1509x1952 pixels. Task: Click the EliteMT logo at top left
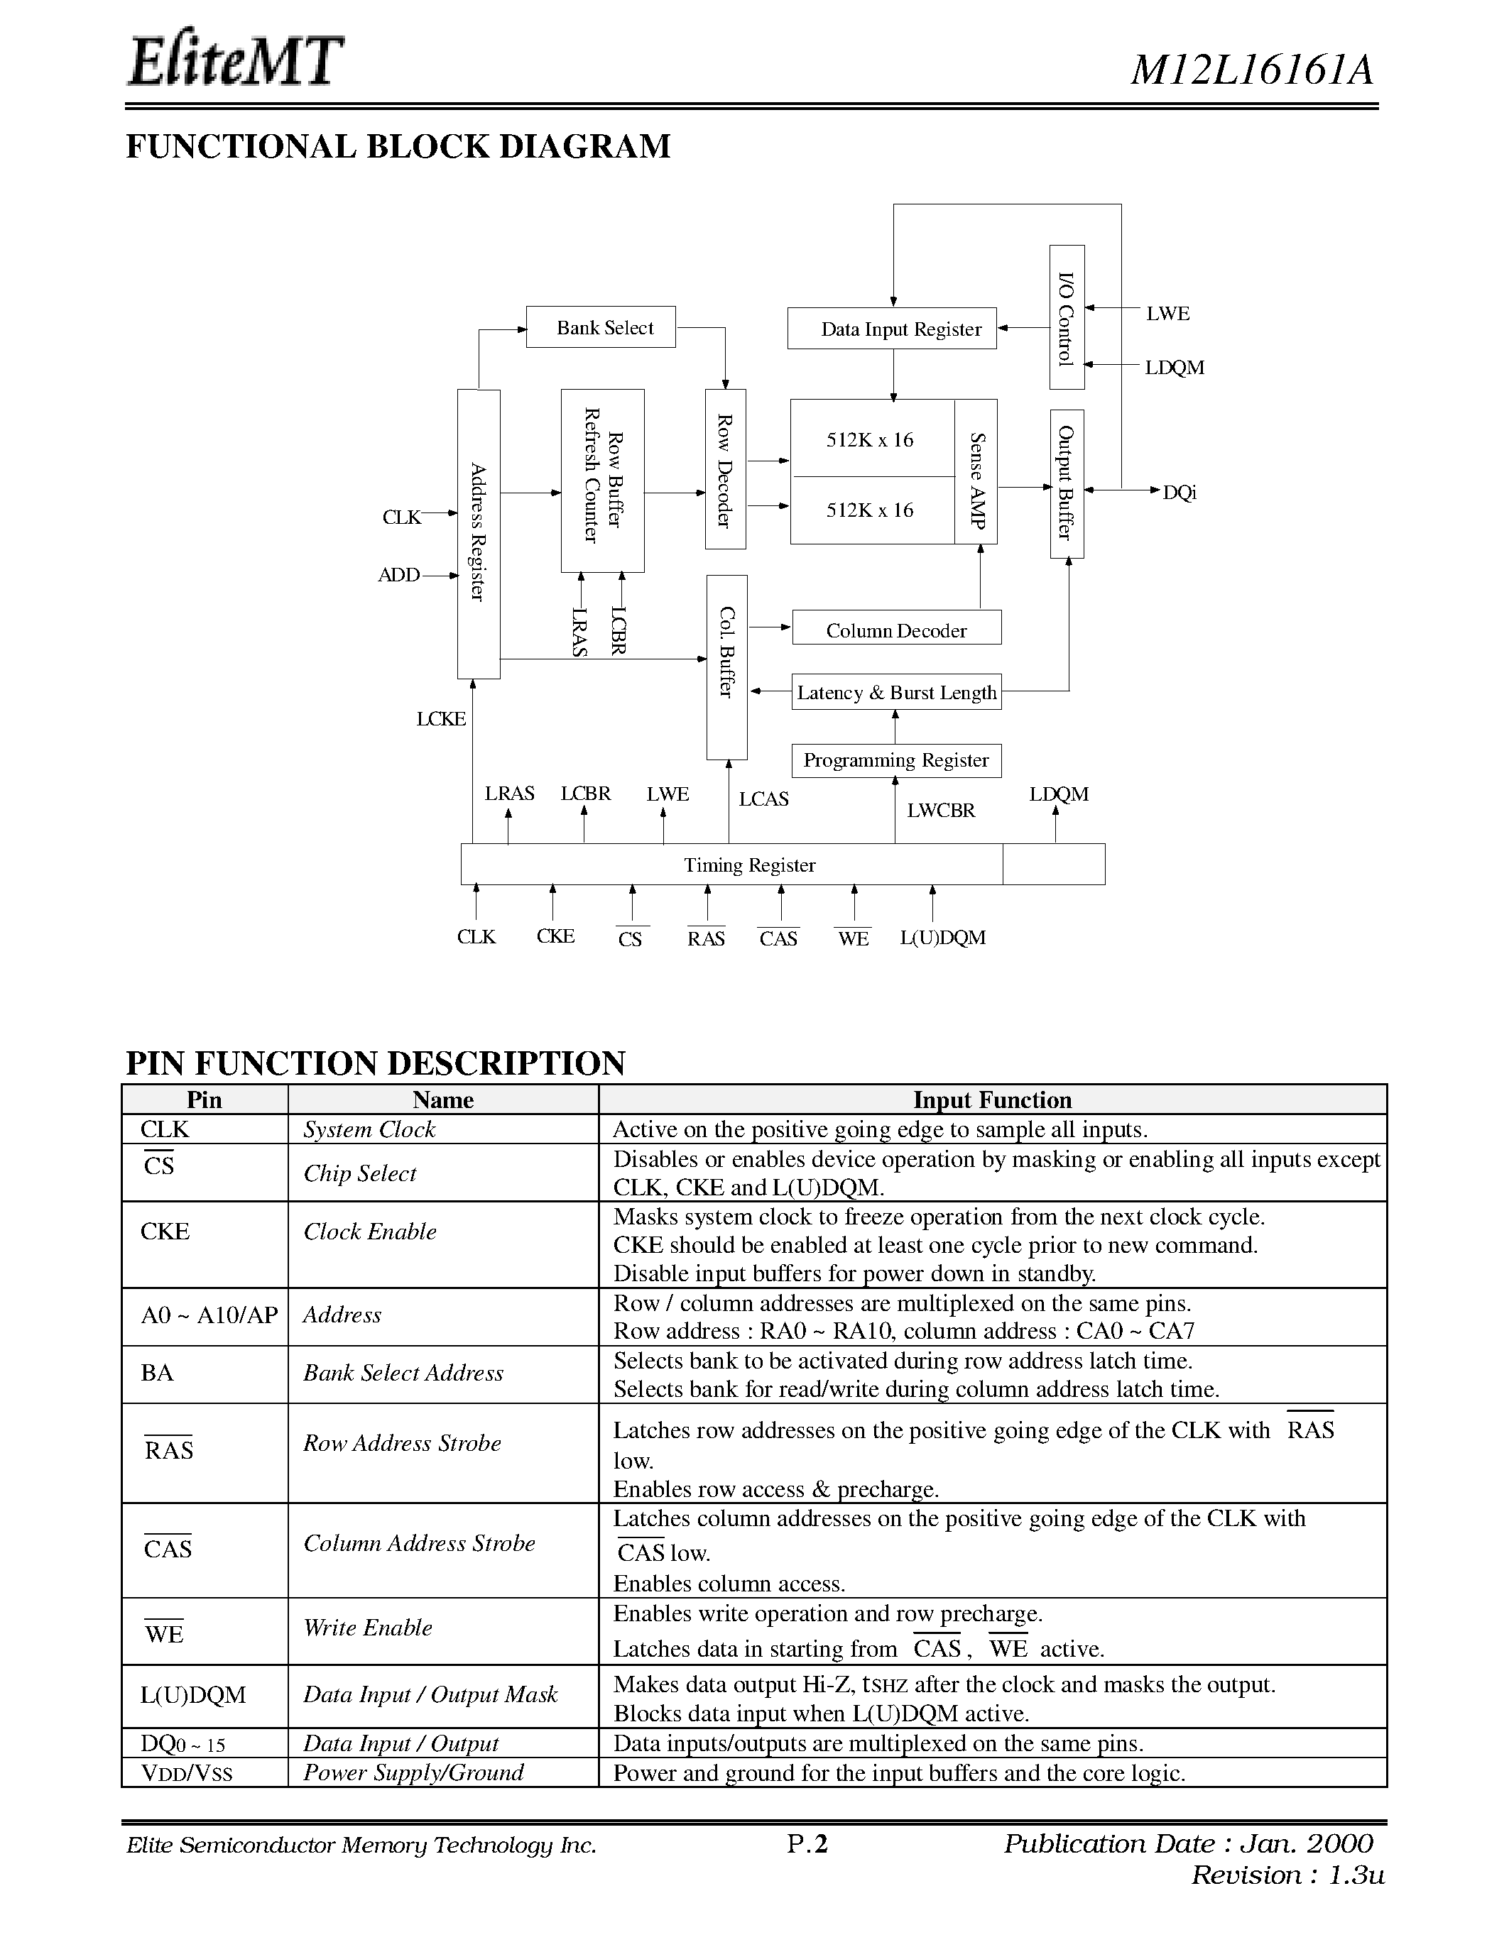click(x=235, y=62)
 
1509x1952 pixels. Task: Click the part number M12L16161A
click(x=1251, y=70)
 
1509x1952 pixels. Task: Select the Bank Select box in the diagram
click(x=601, y=327)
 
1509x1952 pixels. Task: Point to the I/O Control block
click(x=1067, y=317)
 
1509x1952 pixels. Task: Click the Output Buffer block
click(x=1067, y=483)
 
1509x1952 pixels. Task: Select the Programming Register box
click(x=895, y=761)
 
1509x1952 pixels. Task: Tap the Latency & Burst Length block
click(x=895, y=693)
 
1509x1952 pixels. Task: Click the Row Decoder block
click(x=725, y=469)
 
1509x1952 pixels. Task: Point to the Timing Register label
click(x=749, y=865)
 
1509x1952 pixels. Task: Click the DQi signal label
click(x=1179, y=493)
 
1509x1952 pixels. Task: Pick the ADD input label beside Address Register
click(x=398, y=575)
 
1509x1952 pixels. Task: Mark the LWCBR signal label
click(x=940, y=811)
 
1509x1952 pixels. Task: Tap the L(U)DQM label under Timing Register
click(x=942, y=938)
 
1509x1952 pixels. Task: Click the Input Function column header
click(x=991, y=1100)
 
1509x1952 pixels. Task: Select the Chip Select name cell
click(x=360, y=1173)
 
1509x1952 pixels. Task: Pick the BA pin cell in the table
click(x=158, y=1373)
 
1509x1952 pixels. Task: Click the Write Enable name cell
click(x=367, y=1628)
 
